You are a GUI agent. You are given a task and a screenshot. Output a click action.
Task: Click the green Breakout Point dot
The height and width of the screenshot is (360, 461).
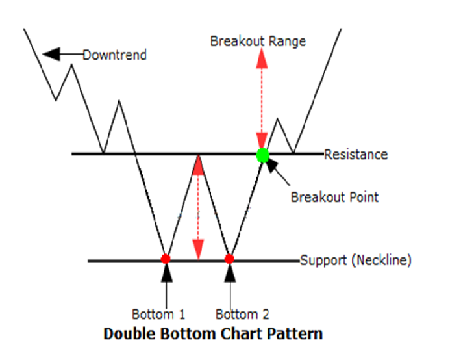click(262, 155)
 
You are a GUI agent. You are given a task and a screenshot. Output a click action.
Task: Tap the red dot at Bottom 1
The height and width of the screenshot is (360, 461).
click(166, 259)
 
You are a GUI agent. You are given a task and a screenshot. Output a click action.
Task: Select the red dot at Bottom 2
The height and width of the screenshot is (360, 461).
click(229, 259)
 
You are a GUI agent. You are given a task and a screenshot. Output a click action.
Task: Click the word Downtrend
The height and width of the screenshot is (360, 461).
click(115, 55)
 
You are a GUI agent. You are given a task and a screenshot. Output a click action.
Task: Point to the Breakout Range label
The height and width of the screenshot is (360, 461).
click(258, 41)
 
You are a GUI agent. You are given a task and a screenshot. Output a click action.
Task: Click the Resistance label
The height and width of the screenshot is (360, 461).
click(356, 155)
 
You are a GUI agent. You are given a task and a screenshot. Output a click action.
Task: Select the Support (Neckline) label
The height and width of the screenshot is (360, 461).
click(355, 261)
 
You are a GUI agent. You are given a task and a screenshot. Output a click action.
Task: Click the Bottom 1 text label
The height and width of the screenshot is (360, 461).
click(158, 315)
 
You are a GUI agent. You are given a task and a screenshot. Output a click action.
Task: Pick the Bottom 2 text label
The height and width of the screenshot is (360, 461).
click(242, 315)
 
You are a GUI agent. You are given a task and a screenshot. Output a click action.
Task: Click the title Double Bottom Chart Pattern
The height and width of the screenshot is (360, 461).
click(213, 335)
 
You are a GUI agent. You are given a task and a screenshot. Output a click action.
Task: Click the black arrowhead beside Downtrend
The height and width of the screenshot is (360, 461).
click(51, 54)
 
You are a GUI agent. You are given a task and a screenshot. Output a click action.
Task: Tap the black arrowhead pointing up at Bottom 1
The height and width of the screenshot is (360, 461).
click(166, 273)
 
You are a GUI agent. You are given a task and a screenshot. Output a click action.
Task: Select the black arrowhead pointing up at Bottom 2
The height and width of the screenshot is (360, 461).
click(229, 273)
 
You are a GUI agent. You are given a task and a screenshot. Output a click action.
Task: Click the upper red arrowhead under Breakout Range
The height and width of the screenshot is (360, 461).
click(262, 58)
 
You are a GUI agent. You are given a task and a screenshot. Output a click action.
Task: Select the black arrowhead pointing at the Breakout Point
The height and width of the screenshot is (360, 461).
click(272, 165)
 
